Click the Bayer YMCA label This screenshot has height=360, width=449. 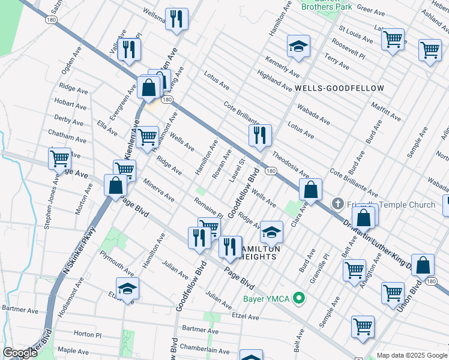[x=267, y=299]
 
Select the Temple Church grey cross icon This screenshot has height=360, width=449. [x=337, y=205]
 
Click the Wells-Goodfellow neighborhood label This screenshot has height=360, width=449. [x=339, y=88]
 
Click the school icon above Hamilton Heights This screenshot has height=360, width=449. [x=272, y=231]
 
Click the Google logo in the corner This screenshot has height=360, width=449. [x=20, y=353]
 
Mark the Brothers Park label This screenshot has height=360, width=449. [x=327, y=7]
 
